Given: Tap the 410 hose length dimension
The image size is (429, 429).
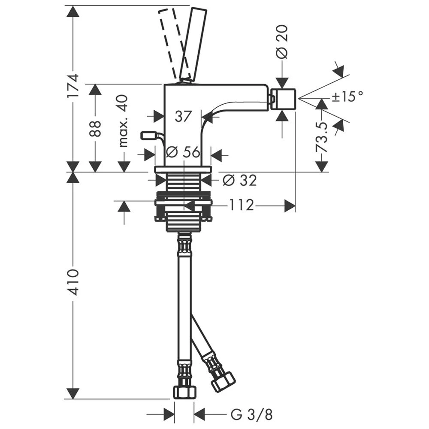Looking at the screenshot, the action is (73, 282).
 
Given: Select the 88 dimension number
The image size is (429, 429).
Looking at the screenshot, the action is (95, 129).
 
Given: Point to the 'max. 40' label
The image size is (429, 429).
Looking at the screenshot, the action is (124, 121).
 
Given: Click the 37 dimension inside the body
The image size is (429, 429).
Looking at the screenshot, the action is (183, 117).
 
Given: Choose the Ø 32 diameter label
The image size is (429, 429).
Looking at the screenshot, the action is (240, 180).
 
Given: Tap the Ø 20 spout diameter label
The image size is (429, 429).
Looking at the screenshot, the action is (282, 42).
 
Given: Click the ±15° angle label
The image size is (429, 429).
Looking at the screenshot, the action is (347, 96).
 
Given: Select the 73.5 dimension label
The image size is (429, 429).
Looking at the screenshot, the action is (322, 137).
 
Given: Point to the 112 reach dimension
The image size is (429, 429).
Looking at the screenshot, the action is (241, 205).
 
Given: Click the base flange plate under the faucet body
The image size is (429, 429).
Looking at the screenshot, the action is (183, 169).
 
